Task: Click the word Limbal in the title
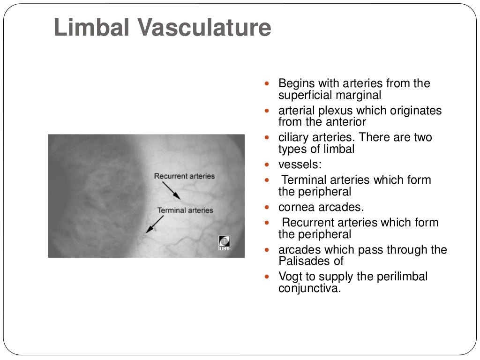(x=89, y=28)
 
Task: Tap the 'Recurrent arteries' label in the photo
(x=184, y=176)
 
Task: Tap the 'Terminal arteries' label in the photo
(x=185, y=210)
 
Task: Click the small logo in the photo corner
(x=225, y=243)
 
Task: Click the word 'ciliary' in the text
(x=293, y=138)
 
